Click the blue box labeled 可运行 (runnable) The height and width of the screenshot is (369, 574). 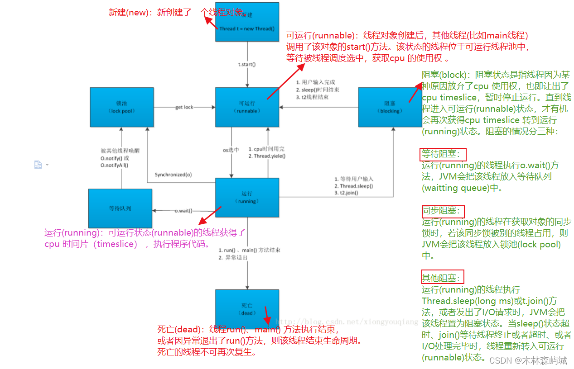tap(247, 107)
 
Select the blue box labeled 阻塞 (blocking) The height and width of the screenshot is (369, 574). tap(389, 107)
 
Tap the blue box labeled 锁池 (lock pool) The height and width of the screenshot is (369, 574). tap(121, 107)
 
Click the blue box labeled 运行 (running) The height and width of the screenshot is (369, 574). tap(247, 198)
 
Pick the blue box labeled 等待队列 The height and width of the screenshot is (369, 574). tap(120, 208)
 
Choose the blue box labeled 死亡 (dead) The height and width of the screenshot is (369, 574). tap(247, 309)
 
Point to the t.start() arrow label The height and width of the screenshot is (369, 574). tap(247, 64)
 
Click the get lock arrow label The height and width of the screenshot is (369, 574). tap(184, 107)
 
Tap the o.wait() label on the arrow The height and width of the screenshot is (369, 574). tap(183, 211)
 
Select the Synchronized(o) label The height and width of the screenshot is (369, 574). tap(173, 175)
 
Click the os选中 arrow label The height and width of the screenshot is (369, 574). tap(231, 150)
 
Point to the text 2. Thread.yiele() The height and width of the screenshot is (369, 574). tap(267, 156)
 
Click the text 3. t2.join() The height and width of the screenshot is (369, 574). tap(347, 193)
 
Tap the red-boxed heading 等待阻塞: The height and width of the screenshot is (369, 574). tap(442, 154)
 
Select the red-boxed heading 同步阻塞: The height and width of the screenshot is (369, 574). tap(442, 211)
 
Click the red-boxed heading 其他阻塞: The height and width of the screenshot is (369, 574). tap(442, 278)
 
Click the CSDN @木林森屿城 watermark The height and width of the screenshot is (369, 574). tap(528, 360)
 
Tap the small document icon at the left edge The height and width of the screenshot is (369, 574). tap(38, 165)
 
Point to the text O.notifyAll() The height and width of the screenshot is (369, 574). tap(114, 166)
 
